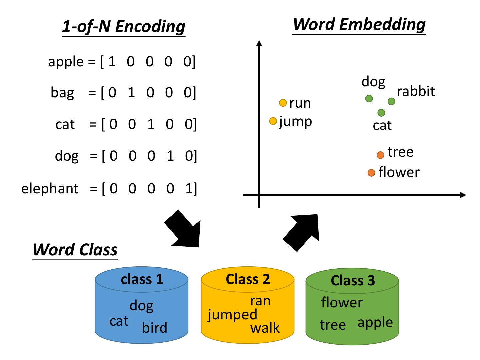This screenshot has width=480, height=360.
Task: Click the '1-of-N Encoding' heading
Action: click(123, 27)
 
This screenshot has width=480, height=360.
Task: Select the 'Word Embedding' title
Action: click(359, 24)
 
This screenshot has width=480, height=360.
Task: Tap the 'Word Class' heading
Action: click(75, 249)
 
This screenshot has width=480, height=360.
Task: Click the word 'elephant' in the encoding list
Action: click(50, 189)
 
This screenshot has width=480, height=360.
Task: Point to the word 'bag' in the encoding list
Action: click(62, 92)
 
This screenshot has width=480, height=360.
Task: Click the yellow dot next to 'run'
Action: click(283, 103)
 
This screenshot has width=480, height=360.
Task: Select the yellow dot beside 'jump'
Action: click(273, 121)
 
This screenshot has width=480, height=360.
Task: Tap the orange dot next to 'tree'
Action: click(380, 155)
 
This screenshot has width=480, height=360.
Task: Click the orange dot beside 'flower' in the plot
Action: click(371, 173)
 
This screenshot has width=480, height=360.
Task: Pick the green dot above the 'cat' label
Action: click(381, 113)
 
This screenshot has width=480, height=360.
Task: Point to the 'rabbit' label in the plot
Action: click(416, 91)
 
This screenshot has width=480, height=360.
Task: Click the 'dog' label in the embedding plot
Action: click(373, 82)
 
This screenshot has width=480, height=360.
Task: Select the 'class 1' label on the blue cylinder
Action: click(142, 279)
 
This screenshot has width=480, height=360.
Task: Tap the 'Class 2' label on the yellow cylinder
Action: click(248, 279)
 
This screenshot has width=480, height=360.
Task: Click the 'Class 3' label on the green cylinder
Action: click(353, 280)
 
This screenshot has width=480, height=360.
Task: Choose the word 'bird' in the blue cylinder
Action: click(155, 328)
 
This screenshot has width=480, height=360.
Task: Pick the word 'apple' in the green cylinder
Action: click(375, 323)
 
